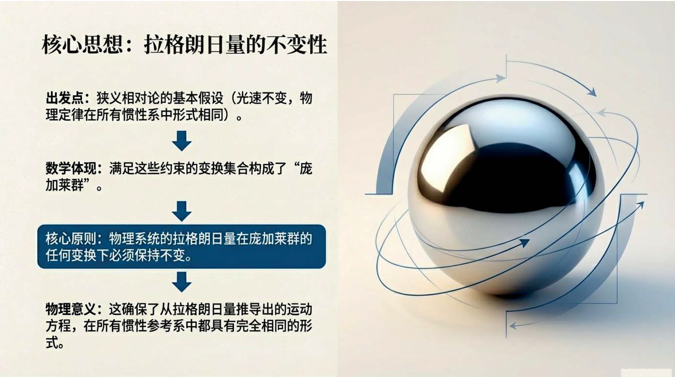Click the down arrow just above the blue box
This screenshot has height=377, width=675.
click(182, 211)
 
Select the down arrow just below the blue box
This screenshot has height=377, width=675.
click(182, 282)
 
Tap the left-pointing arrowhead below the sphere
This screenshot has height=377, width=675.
click(513, 326)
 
